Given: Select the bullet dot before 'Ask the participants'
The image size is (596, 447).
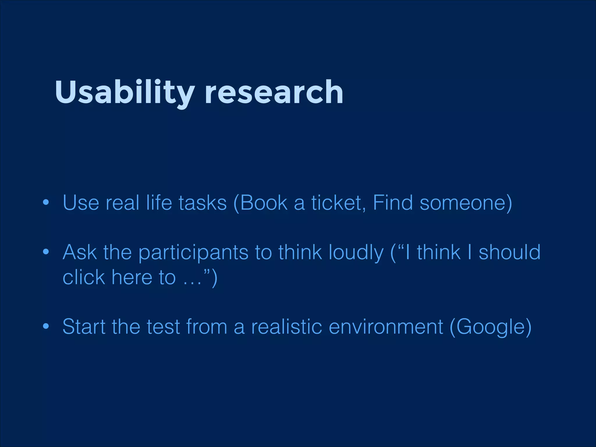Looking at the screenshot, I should [x=45, y=252].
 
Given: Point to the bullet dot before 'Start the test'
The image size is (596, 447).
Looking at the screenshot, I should [x=45, y=326].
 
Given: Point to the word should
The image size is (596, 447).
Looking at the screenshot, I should [x=510, y=252].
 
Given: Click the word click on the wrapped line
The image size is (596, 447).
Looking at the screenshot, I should [x=84, y=277].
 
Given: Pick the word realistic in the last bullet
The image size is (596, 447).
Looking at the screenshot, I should [x=287, y=327].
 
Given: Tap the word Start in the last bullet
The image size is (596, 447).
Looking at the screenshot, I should [x=84, y=327].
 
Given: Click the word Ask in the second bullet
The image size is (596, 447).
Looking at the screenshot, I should [x=79, y=252].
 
